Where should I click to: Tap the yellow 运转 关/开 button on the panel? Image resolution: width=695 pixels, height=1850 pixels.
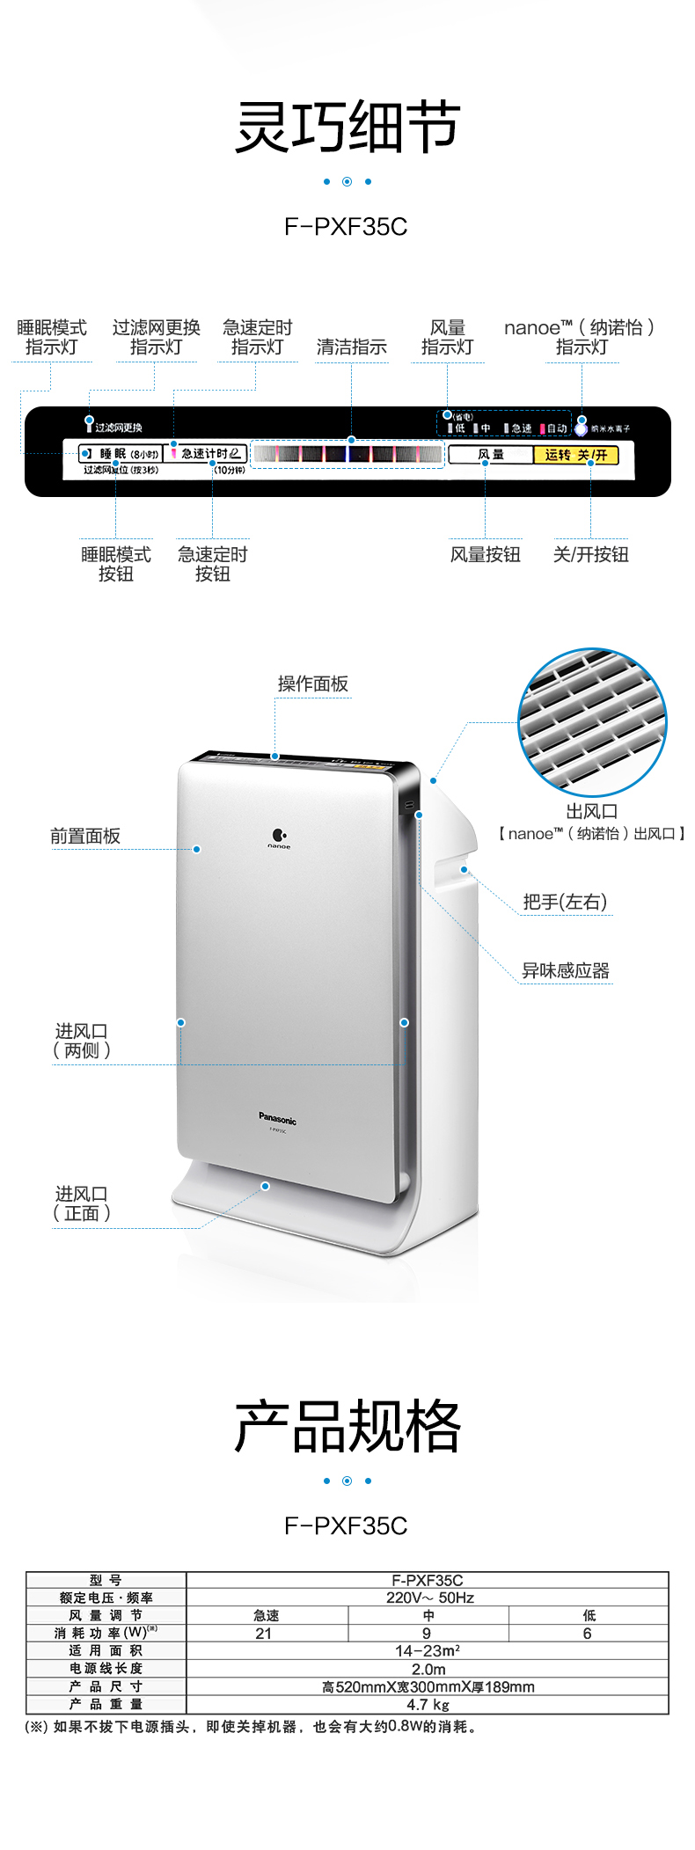[576, 455]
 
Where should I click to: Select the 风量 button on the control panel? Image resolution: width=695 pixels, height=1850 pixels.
[491, 455]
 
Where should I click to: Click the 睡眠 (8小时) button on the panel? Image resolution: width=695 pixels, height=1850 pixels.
[121, 454]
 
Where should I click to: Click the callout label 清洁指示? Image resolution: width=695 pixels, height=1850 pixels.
[351, 347]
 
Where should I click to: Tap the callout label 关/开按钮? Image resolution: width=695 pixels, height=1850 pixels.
[590, 554]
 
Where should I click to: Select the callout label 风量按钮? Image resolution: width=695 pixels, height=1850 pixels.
[485, 554]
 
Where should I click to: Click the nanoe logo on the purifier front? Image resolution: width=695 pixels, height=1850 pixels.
[279, 837]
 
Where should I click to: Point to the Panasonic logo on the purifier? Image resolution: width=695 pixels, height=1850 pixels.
[277, 1120]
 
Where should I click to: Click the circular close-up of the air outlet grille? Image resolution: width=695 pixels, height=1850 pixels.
[591, 722]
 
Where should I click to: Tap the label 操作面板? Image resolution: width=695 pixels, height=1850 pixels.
[312, 684]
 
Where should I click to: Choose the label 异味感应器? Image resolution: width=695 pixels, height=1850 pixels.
[565, 970]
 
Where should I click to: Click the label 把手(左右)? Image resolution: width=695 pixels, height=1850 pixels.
[564, 902]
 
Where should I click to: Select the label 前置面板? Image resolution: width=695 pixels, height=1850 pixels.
[84, 836]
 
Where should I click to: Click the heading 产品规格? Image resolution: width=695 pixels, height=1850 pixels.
[347, 1426]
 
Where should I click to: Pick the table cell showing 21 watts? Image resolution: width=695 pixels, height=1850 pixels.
[264, 1634]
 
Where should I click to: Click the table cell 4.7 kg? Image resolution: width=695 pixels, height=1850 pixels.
[428, 1705]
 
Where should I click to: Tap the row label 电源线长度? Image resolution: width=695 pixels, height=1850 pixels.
[106, 1669]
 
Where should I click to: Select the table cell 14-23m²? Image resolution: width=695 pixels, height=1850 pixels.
[428, 1651]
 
